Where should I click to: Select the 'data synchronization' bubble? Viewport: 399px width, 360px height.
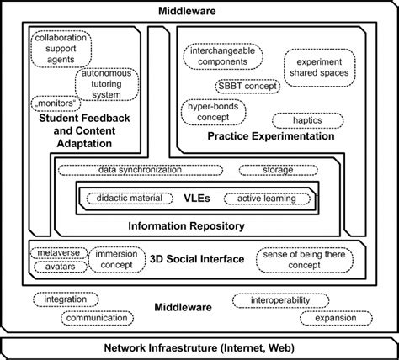(140, 170)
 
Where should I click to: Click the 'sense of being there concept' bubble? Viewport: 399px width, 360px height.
(305, 259)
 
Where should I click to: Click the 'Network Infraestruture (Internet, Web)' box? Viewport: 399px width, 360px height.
(199, 347)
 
